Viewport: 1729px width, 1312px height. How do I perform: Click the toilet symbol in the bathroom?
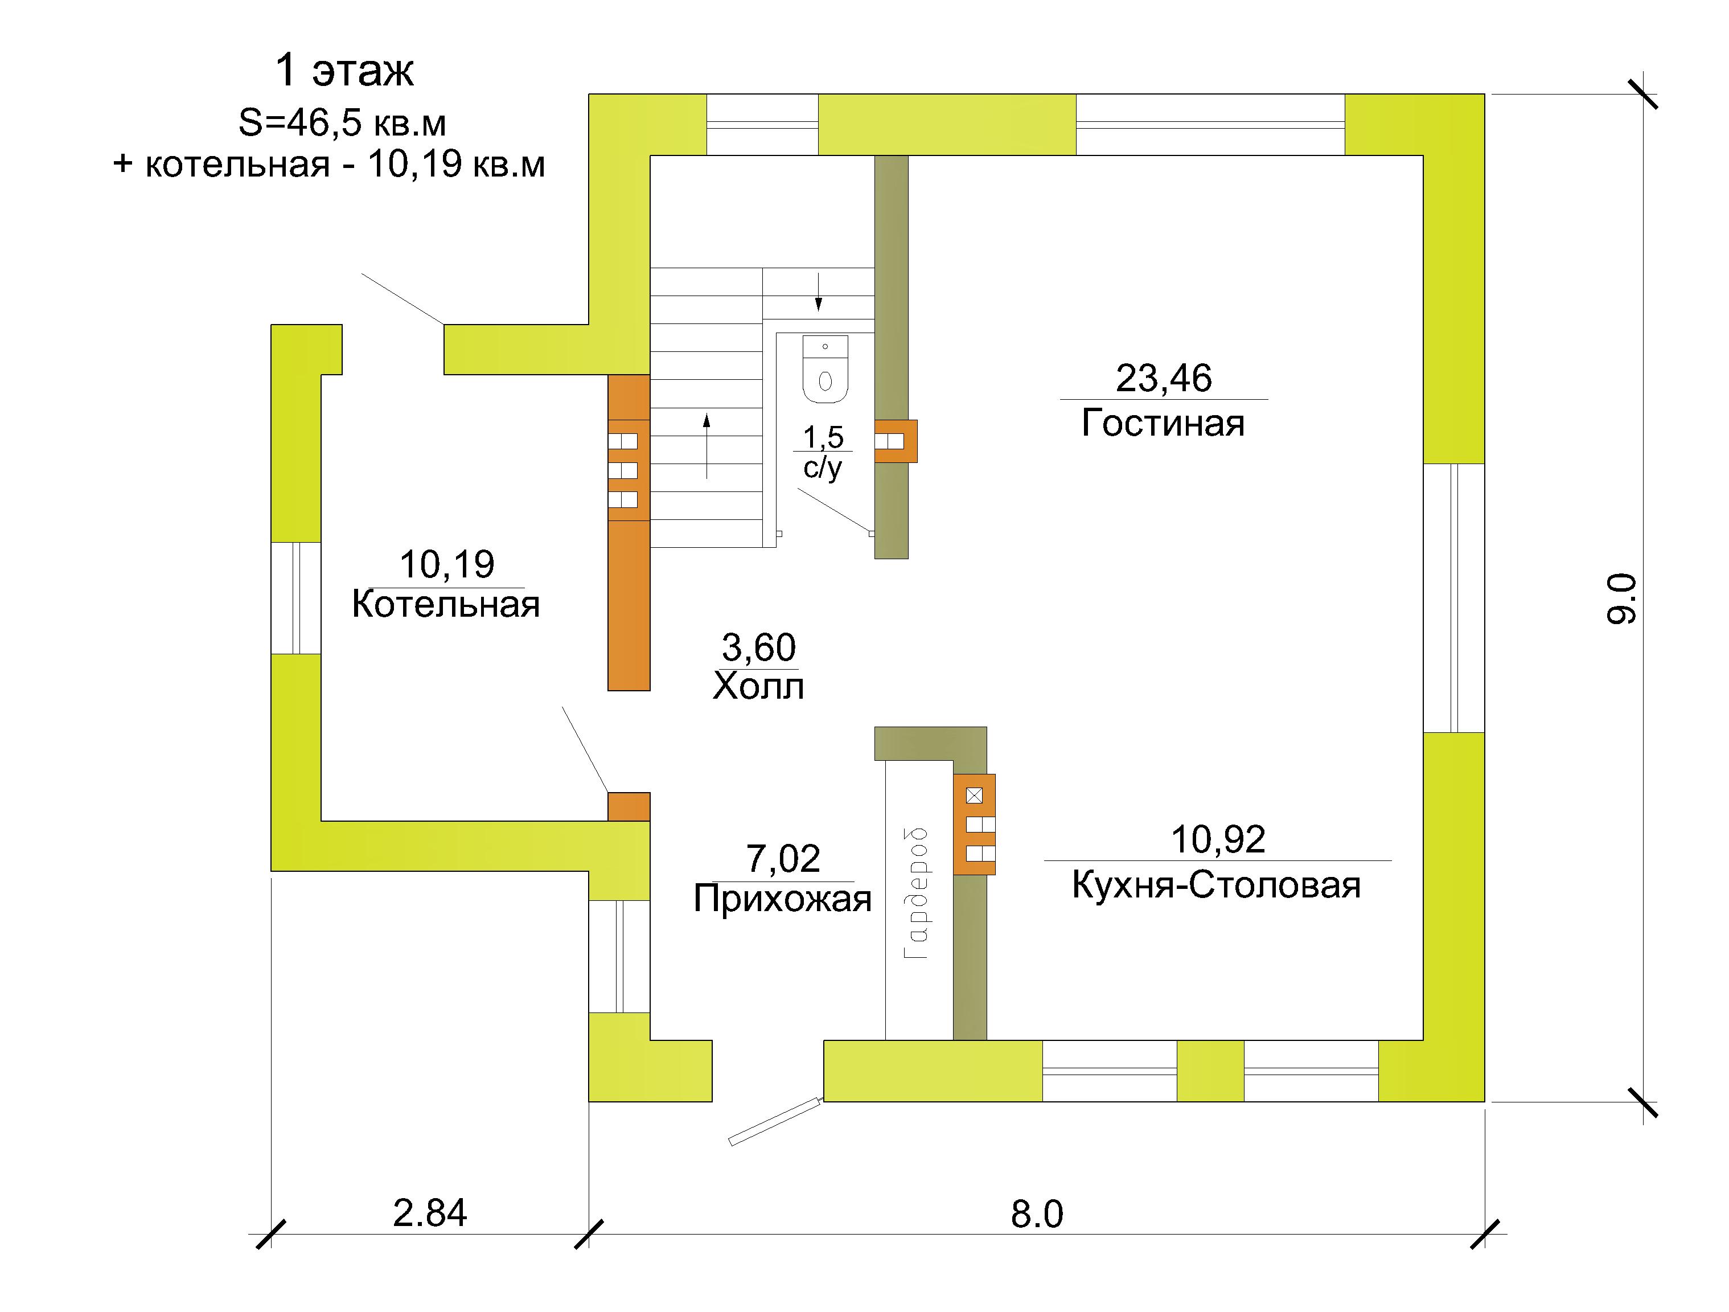pyautogui.click(x=826, y=369)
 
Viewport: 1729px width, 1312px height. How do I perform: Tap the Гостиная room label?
pyautogui.click(x=1163, y=423)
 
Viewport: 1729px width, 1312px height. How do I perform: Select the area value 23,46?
pyautogui.click(x=1163, y=379)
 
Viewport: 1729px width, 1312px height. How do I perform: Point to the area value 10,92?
pyautogui.click(x=1218, y=840)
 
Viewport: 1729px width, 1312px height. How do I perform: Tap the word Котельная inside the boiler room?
pyautogui.click(x=446, y=604)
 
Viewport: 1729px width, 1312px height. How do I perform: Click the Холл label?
pyautogui.click(x=758, y=687)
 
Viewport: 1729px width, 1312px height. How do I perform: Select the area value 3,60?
pyautogui.click(x=758, y=647)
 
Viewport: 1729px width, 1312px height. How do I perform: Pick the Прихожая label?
pyautogui.click(x=782, y=899)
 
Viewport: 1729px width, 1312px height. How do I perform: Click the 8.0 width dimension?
pyautogui.click(x=1037, y=1214)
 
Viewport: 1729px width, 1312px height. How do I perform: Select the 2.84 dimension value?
pyautogui.click(x=430, y=1213)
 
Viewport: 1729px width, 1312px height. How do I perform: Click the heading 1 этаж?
pyautogui.click(x=344, y=71)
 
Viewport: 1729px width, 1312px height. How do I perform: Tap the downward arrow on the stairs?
pyautogui.click(x=818, y=293)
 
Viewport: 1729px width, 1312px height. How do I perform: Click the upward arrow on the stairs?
pyautogui.click(x=707, y=446)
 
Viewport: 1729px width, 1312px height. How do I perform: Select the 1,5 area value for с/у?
pyautogui.click(x=823, y=438)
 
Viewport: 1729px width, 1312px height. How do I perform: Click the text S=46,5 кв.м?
pyautogui.click(x=342, y=124)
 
